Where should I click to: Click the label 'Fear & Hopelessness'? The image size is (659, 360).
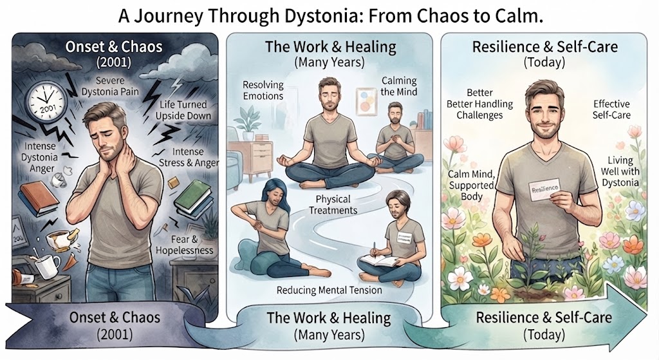click(x=185, y=245)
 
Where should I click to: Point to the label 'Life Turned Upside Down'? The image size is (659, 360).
click(x=183, y=110)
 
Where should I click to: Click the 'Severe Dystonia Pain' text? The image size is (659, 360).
click(x=110, y=86)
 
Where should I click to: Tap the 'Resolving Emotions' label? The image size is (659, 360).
click(x=263, y=90)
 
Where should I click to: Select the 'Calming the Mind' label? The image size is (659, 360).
click(x=399, y=86)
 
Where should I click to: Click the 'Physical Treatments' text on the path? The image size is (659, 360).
click(x=333, y=204)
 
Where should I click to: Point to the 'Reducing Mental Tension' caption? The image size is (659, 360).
click(x=329, y=290)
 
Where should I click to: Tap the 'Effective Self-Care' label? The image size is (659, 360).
click(x=611, y=109)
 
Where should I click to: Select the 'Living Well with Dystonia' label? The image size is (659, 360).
click(x=620, y=171)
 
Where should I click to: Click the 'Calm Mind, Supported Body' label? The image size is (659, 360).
click(x=471, y=185)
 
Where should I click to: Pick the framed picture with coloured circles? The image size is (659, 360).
click(x=366, y=101)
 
